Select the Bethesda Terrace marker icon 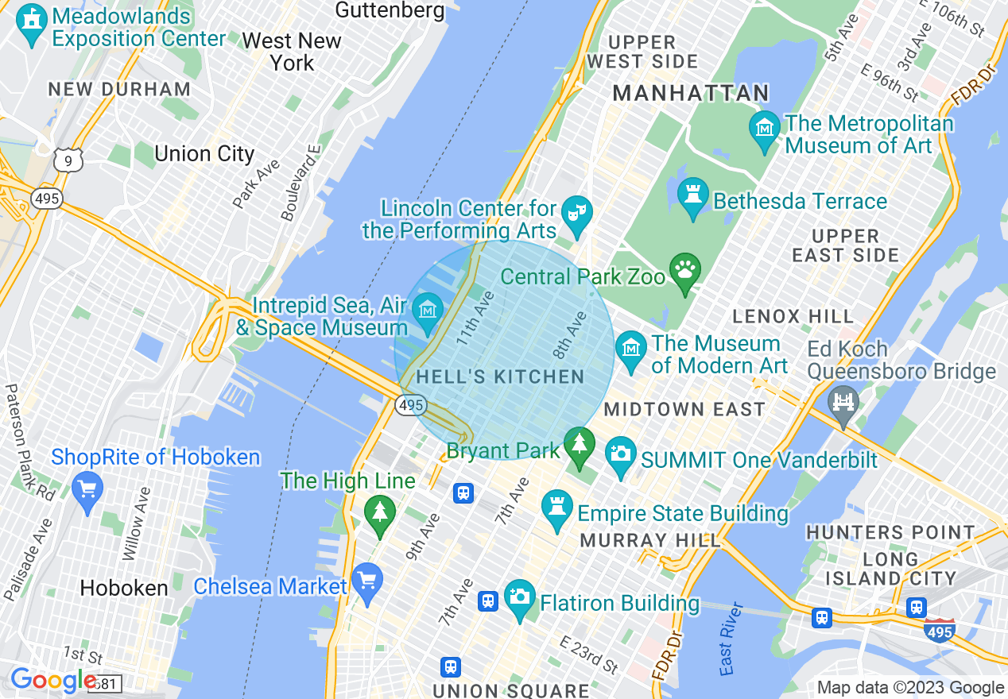[692, 196]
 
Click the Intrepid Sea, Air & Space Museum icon [428, 311]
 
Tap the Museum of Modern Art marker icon [631, 350]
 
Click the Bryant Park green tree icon [580, 446]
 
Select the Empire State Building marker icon [556, 509]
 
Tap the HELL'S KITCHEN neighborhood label [500, 377]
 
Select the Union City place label [204, 153]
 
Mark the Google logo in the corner [52, 681]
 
